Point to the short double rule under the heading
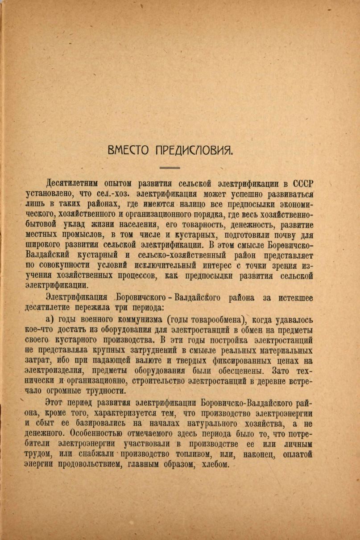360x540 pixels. [170, 168]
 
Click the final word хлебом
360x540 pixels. [213, 464]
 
